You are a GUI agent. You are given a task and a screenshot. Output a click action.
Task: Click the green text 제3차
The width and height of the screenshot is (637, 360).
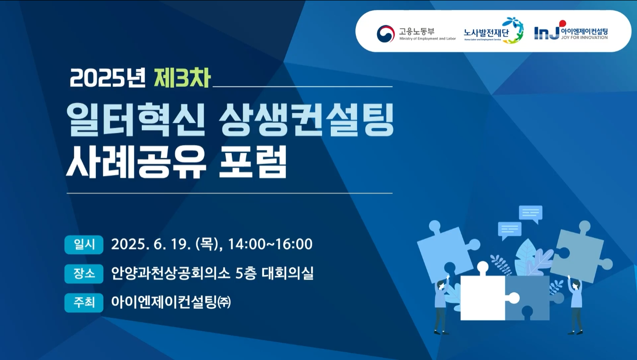(x=182, y=78)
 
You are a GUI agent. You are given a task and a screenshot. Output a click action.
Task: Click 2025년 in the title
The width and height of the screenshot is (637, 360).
(x=108, y=78)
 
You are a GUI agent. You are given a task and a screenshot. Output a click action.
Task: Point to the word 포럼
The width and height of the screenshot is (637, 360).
(x=253, y=162)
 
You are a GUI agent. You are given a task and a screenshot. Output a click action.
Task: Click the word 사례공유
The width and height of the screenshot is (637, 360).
(x=136, y=162)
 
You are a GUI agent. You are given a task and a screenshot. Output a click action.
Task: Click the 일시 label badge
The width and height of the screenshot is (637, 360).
(x=84, y=245)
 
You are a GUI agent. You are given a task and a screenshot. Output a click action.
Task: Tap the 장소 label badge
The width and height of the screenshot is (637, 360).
(x=84, y=274)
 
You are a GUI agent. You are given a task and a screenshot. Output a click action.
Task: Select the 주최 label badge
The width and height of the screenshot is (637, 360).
(x=84, y=303)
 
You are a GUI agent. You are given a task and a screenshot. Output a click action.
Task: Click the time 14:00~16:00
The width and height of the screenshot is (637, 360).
(x=270, y=245)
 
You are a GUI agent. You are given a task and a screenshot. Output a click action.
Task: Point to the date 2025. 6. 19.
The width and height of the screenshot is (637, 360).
(x=151, y=245)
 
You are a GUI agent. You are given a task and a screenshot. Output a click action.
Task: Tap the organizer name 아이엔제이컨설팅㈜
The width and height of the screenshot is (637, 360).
(x=171, y=302)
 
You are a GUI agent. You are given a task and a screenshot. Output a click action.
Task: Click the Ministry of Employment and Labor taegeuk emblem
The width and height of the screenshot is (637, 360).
(x=386, y=34)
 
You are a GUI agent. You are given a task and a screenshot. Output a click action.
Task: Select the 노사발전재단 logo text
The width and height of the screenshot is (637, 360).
(x=486, y=33)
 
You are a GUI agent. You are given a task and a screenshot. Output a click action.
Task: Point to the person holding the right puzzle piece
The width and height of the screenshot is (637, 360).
(x=575, y=305)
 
